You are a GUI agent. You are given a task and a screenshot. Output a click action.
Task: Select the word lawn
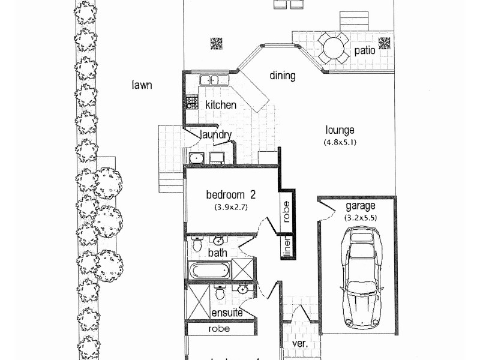click(142, 85)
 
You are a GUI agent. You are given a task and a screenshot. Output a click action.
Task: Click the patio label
click(364, 51)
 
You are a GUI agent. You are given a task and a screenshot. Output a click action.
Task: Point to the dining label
click(282, 76)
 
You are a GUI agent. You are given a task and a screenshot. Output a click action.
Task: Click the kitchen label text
click(221, 105)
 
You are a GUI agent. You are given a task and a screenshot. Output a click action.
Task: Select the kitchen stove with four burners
click(192, 102)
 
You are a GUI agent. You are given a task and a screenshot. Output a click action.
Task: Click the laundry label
click(215, 134)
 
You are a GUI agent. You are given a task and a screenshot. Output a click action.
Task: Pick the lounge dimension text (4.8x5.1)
click(340, 143)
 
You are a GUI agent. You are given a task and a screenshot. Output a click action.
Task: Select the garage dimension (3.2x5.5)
click(360, 218)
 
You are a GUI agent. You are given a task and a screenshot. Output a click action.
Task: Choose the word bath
click(217, 253)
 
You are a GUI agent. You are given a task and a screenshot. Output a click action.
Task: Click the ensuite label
click(226, 313)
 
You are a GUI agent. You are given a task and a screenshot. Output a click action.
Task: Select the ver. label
click(300, 345)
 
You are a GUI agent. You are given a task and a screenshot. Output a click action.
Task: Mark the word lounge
click(340, 130)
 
